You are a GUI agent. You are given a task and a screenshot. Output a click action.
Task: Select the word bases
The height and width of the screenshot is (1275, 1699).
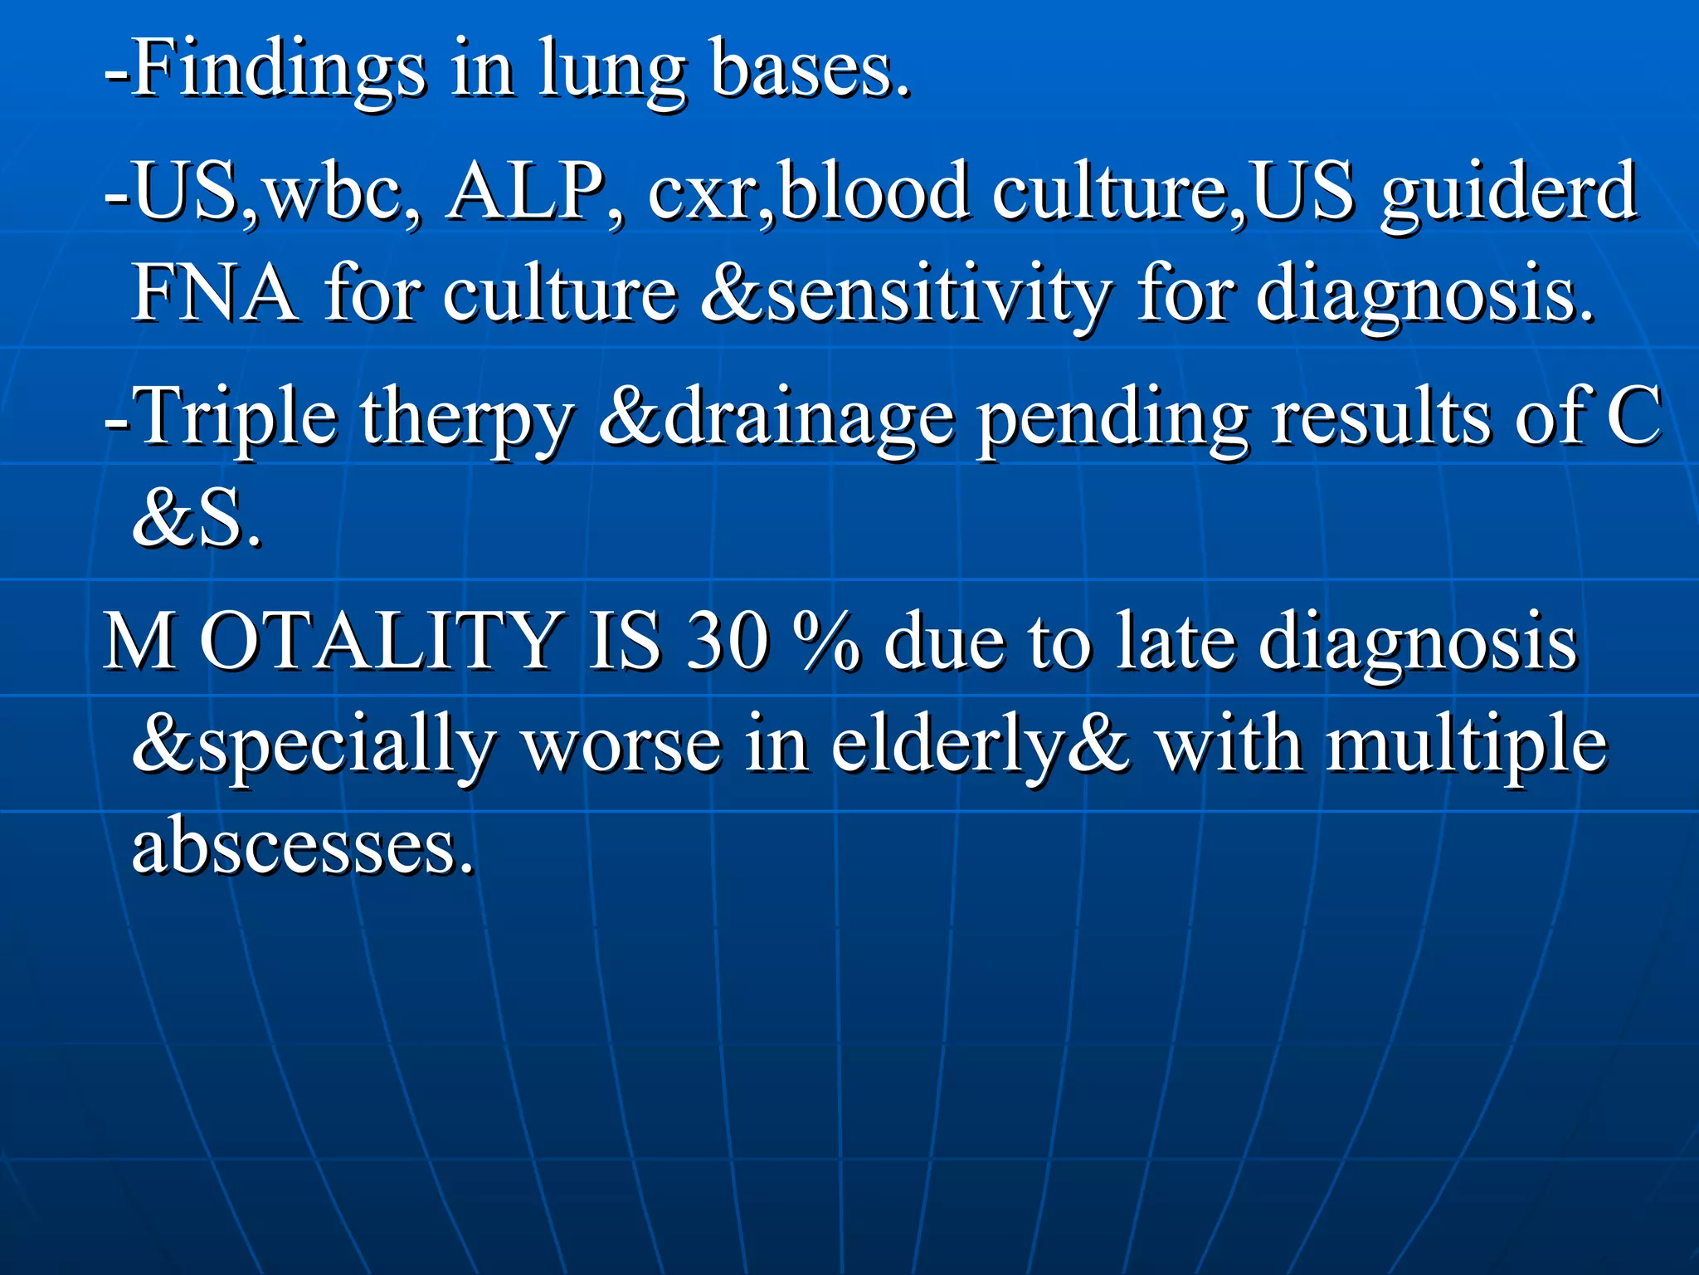(809, 71)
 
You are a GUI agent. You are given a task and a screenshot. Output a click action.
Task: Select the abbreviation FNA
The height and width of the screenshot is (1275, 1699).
(214, 292)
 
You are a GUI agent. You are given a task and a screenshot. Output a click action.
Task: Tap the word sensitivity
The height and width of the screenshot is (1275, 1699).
(937, 296)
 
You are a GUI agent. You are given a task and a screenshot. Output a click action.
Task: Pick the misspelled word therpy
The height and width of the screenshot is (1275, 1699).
(465, 419)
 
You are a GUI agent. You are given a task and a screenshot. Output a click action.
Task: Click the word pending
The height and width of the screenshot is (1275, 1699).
(1112, 419)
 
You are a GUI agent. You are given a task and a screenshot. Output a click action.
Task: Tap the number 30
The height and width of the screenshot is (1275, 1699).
(727, 640)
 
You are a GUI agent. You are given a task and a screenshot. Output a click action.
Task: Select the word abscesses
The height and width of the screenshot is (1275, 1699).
(303, 846)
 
